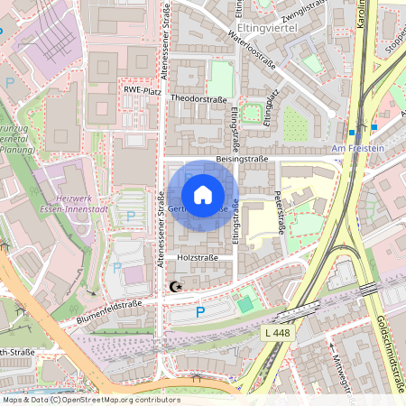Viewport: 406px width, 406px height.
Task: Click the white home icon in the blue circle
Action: click(203, 195)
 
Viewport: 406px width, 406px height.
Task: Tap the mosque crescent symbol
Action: click(174, 287)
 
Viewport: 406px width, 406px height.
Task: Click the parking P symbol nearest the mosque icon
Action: click(200, 312)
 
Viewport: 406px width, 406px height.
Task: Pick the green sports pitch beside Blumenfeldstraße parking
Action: click(245, 304)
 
